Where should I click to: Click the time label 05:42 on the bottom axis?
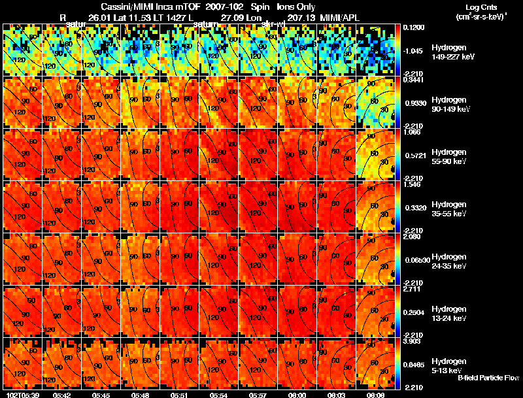[62, 394]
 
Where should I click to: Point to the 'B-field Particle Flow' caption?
[488, 378]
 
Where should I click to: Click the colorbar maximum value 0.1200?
[413, 28]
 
